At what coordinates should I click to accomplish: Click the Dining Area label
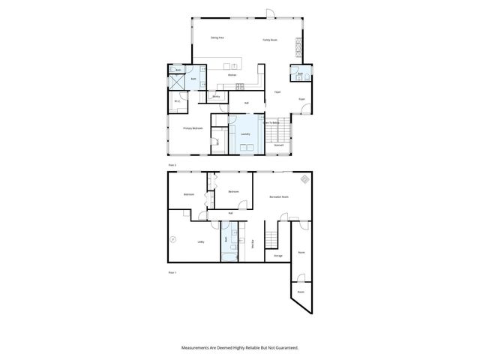point(217,37)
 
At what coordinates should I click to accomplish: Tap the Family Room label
point(270,40)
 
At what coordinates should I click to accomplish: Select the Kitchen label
point(232,75)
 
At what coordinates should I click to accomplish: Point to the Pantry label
point(216,96)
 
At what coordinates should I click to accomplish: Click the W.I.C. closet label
point(177,101)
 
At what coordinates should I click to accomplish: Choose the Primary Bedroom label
point(193,128)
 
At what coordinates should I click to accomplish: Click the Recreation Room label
point(280,196)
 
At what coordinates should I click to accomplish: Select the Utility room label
point(201,241)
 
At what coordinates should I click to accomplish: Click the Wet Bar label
point(253,242)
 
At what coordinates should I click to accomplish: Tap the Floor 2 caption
point(172,163)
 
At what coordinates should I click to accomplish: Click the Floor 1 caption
point(172,272)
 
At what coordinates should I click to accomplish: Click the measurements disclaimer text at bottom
point(240,348)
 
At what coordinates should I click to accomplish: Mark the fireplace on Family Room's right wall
point(301,47)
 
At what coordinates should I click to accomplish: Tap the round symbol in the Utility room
point(174,239)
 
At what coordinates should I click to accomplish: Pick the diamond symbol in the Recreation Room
point(304,179)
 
